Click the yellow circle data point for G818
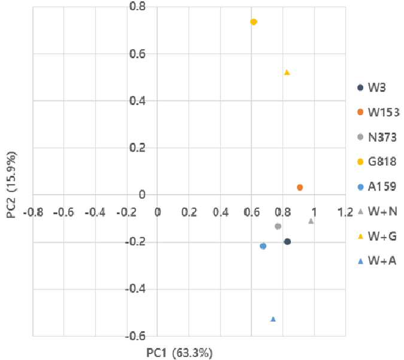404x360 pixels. pyautogui.click(x=254, y=22)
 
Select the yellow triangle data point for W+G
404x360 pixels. pyautogui.click(x=287, y=72)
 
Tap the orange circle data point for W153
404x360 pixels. pyautogui.click(x=300, y=187)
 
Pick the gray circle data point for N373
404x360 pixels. pyautogui.click(x=278, y=226)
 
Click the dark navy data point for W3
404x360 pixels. pyautogui.click(x=287, y=241)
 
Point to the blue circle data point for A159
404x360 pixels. pyautogui.click(x=263, y=246)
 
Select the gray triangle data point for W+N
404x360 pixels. pyautogui.click(x=311, y=221)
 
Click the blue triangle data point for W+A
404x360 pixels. pyautogui.click(x=274, y=319)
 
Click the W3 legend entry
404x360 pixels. pyautogui.click(x=372, y=87)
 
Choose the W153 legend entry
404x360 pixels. pyautogui.click(x=378, y=112)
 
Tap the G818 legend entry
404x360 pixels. pyautogui.click(x=377, y=162)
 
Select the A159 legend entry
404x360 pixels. pyautogui.click(x=377, y=186)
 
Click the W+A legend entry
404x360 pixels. pyautogui.click(x=377, y=261)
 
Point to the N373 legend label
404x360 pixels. pyautogui.click(x=382, y=137)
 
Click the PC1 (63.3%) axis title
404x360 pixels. pyautogui.click(x=180, y=353)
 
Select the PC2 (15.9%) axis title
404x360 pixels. pyautogui.click(x=11, y=185)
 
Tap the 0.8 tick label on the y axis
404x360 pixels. pyautogui.click(x=137, y=6)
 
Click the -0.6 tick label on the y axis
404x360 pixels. pyautogui.click(x=135, y=336)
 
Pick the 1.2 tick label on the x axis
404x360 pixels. pyautogui.click(x=345, y=212)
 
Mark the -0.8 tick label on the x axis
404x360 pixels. pyautogui.click(x=34, y=213)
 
